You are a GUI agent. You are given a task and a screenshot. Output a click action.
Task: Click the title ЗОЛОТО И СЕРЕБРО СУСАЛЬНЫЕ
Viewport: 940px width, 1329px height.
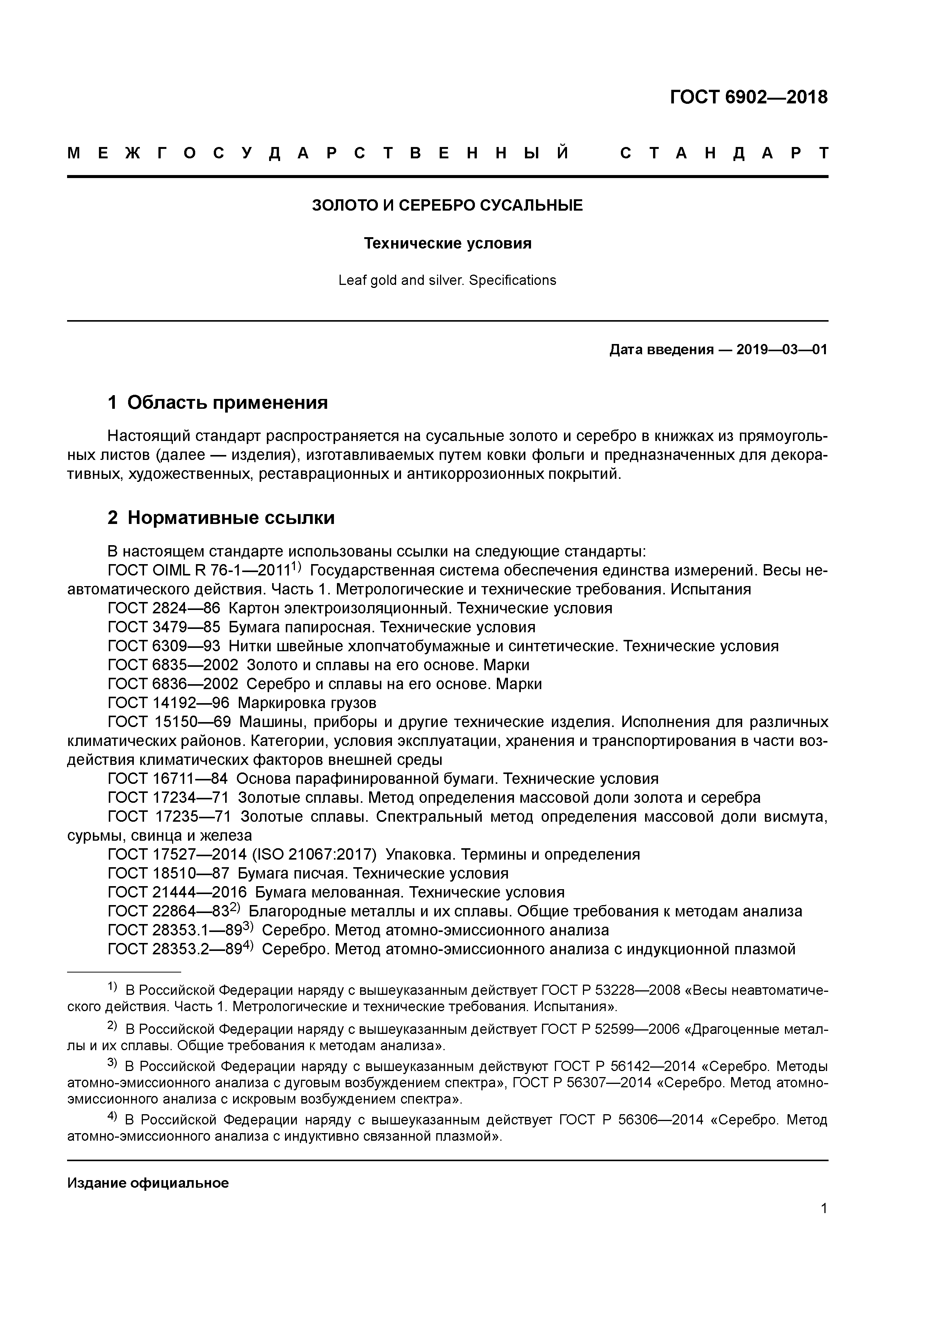[x=447, y=205]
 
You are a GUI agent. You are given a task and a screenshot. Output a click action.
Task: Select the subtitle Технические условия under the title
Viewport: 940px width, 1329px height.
[x=447, y=243]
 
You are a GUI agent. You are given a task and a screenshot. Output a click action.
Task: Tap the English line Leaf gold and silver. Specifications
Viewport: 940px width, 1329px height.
[x=447, y=280]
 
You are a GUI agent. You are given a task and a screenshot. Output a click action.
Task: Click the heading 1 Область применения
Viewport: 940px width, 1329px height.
[x=218, y=402]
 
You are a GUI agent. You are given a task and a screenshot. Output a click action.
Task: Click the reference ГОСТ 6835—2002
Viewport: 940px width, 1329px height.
[x=172, y=665]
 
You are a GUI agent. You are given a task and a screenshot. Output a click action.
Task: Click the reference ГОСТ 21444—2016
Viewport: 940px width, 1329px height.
[x=177, y=893]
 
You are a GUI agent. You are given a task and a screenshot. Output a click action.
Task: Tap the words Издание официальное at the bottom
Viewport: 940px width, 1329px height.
[x=148, y=1183]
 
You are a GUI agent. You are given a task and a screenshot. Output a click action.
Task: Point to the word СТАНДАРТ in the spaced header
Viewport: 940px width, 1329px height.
[x=724, y=153]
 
